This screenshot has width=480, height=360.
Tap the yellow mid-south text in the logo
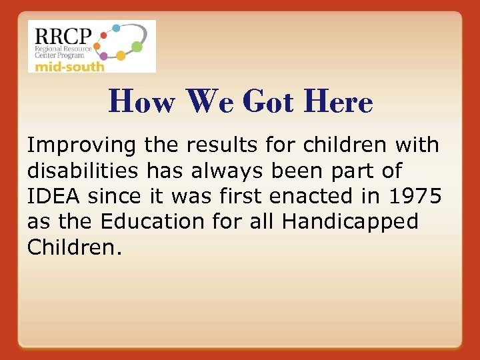70,66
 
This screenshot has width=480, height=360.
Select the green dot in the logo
137,47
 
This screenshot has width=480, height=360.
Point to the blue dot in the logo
115,28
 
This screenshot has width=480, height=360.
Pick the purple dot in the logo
105,57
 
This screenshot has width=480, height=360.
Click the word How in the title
141,102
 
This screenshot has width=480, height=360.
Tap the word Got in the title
270,102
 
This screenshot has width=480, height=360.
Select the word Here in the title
337,102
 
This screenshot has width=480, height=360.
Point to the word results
217,145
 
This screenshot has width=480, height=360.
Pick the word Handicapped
351,221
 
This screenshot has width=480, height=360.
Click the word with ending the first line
417,145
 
